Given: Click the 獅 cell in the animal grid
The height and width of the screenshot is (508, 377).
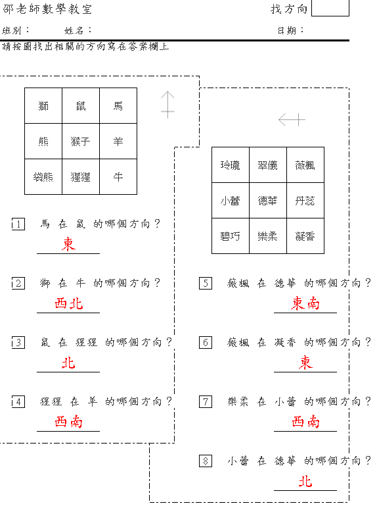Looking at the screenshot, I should coord(43,106).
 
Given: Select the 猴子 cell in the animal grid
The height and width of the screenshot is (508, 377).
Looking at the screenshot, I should coord(81,141).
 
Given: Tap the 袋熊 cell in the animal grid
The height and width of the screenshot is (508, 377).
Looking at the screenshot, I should coord(43,177).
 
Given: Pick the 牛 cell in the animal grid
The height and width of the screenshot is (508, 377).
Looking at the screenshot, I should coord(118,177).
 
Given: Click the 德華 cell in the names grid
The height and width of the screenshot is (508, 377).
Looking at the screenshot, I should coord(268,201).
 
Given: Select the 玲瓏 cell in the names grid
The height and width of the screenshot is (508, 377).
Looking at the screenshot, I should coord(231,165).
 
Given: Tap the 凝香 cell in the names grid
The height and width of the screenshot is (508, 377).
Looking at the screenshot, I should coord(305,236).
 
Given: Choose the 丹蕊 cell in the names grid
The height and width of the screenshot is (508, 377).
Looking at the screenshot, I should coord(305,201).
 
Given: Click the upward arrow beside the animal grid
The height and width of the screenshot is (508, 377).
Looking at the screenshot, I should coord(167,105).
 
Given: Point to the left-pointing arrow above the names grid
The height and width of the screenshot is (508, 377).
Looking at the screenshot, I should coord(292,119).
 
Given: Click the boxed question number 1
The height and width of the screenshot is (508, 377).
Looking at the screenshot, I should coord(18,224).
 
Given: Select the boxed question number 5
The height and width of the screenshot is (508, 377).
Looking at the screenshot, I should coord(206,284).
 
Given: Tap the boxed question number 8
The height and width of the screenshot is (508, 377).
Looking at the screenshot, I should coord(206,461).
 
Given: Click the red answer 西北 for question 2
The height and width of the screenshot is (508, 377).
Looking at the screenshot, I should coord(68,303).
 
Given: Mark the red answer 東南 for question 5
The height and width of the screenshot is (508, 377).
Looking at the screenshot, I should coord(305,303).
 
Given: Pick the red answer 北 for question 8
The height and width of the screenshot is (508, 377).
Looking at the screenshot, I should coord(305,481).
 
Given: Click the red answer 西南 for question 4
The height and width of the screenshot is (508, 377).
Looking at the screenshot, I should coord(68,422).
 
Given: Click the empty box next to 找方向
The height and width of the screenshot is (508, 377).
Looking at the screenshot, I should coord(330,8).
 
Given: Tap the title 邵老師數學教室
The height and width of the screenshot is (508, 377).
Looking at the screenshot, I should coord(47,9).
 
